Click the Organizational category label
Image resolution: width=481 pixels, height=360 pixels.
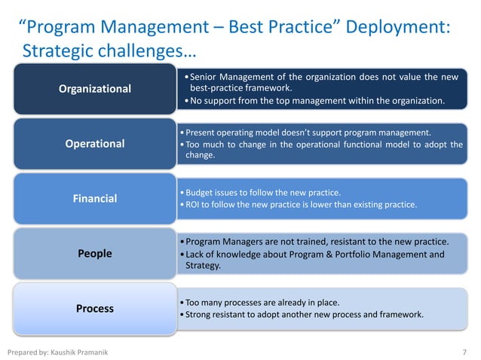coord(95,89)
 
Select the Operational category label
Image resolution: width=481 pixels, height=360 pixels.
coord(94,143)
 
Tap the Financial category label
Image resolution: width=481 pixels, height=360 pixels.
coord(94,199)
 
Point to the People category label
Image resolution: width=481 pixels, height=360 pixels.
coord(94,254)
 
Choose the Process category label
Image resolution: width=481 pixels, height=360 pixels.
coord(94,308)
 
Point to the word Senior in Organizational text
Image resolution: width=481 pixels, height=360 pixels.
coord(203,77)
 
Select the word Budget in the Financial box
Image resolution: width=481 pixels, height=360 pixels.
coord(200,191)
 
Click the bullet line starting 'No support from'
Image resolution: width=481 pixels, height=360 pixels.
coord(317,100)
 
